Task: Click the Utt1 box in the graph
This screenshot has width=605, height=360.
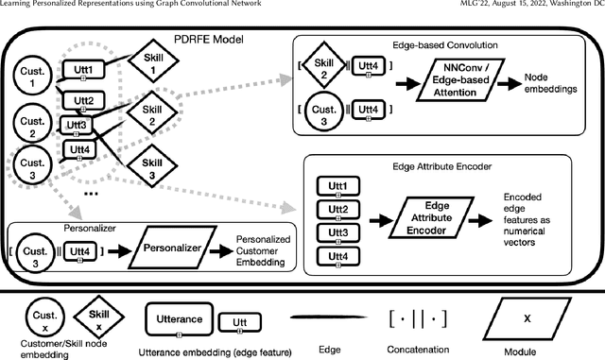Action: tap(84, 71)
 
